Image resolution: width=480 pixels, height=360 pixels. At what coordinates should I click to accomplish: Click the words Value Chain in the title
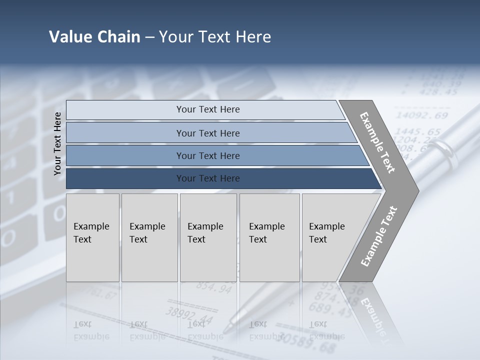click(x=94, y=37)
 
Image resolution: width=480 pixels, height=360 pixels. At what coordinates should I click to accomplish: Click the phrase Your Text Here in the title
click(x=215, y=37)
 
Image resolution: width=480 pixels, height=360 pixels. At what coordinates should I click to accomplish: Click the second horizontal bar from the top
click(x=207, y=133)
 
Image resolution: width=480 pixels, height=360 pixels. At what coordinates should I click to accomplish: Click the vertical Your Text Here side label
click(x=57, y=143)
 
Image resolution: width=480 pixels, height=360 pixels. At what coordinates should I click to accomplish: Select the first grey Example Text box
click(x=92, y=237)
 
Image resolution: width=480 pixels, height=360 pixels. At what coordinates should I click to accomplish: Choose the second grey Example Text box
click(x=149, y=237)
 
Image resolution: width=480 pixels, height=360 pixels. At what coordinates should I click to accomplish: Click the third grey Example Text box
click(x=208, y=237)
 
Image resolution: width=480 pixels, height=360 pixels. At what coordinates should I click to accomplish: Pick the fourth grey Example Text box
click(x=269, y=237)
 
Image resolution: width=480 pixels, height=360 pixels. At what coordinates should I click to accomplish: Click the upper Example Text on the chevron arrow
click(x=377, y=142)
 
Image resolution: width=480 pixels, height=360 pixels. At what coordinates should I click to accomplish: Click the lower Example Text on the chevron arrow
click(x=378, y=236)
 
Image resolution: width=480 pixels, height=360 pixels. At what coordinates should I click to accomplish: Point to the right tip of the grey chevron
click(x=418, y=190)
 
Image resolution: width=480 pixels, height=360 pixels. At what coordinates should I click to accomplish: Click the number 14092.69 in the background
click(x=421, y=116)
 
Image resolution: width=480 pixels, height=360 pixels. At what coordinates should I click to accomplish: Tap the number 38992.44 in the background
click(x=189, y=315)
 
